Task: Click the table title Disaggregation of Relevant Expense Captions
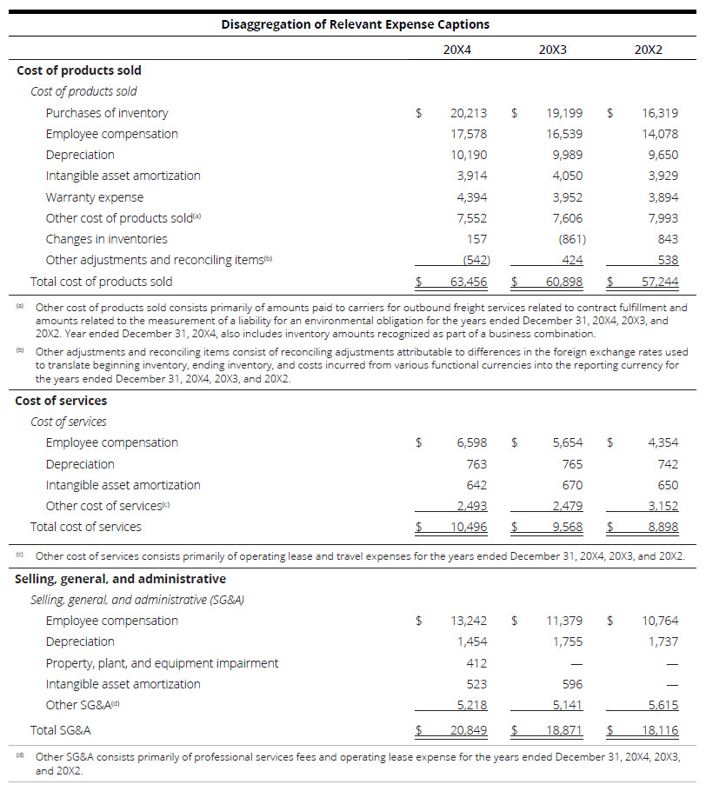(355, 24)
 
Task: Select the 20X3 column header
(552, 50)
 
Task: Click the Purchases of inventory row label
(107, 113)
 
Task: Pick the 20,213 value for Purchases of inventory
(469, 113)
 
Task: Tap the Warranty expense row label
(95, 197)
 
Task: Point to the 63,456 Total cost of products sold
(469, 282)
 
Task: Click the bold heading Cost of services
(61, 401)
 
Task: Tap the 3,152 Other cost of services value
(663, 506)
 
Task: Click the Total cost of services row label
(85, 527)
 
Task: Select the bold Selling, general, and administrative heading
(120, 579)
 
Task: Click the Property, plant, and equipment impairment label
(162, 663)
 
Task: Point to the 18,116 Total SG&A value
(660, 731)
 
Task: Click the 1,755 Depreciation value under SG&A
(567, 641)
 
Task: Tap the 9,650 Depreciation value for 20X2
(663, 155)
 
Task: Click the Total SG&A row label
(61, 731)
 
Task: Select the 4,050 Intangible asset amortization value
(567, 176)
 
